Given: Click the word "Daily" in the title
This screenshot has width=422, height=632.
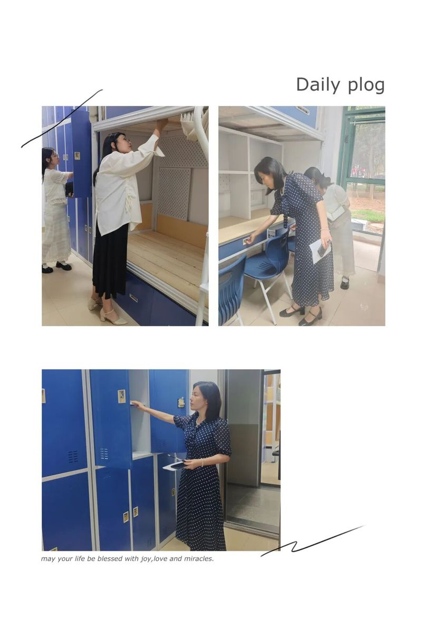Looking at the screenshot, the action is coord(318,85).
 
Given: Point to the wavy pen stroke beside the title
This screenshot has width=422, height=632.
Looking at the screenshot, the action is coord(62,118).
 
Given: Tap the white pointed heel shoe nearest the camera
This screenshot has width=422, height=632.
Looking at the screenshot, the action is coord(113,317).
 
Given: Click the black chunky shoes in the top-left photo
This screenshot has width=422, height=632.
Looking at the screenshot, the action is coord(56,266).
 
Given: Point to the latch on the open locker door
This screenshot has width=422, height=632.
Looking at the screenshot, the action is coord(122,396).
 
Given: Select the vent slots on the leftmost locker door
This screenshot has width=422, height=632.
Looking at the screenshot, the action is coord(73,457).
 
